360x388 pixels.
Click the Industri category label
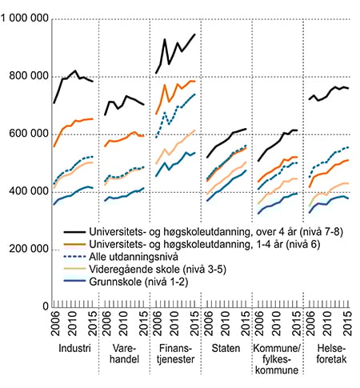pos(74,350)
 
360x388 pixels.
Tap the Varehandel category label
pos(125,355)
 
